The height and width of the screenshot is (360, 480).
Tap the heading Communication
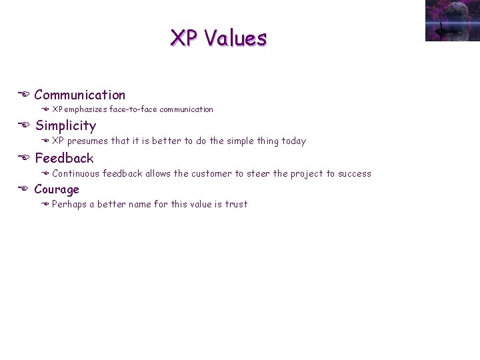click(x=79, y=95)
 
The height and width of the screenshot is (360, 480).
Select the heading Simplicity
click(x=65, y=126)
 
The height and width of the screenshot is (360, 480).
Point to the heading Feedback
click(x=64, y=158)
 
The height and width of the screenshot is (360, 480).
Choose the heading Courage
click(x=57, y=189)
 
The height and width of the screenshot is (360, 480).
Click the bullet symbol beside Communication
click(x=25, y=95)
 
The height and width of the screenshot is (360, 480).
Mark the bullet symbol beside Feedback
click(x=25, y=158)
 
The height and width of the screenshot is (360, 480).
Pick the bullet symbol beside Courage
click(x=25, y=189)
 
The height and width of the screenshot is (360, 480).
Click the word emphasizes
click(x=86, y=109)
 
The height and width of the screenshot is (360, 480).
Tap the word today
click(x=292, y=141)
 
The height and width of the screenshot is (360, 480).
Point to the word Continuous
click(x=75, y=174)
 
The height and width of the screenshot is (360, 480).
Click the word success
click(x=354, y=174)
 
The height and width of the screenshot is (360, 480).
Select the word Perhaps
click(x=68, y=205)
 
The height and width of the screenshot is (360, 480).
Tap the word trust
click(x=236, y=205)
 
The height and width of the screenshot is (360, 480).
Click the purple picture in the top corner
click(x=452, y=21)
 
